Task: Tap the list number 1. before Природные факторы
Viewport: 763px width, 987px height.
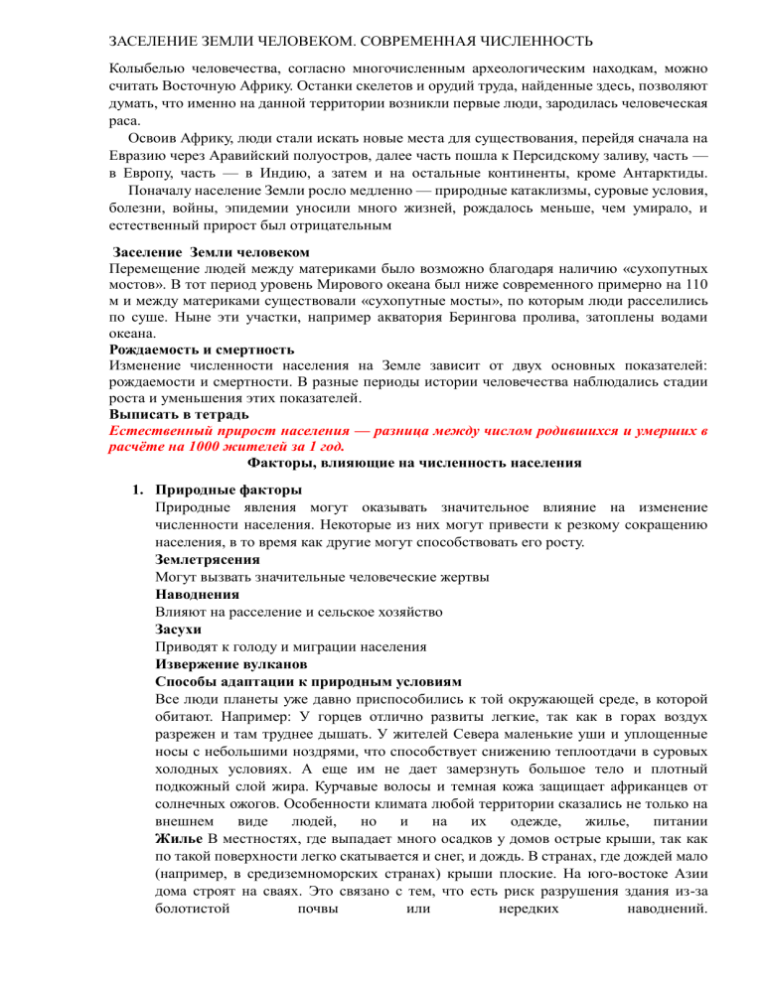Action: pos(141,490)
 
